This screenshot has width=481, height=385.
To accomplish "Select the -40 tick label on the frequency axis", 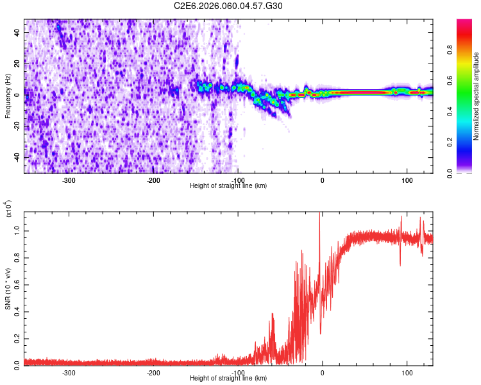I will click(x=17, y=158).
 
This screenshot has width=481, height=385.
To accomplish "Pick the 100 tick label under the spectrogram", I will click(x=407, y=180).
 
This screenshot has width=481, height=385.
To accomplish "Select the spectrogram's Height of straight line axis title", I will click(x=228, y=186).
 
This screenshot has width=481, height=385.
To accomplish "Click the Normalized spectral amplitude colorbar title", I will click(x=477, y=96).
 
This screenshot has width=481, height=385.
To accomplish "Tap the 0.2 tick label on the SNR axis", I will click(x=17, y=338).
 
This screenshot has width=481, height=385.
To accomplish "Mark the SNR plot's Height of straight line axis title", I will click(x=228, y=379).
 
